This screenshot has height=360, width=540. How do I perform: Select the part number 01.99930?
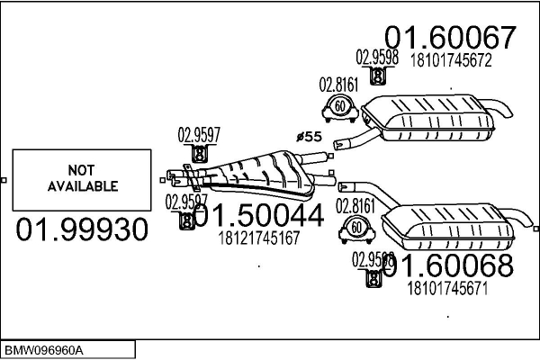point(81,230)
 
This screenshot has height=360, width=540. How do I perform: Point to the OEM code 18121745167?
point(259,240)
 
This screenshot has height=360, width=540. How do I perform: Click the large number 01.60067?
point(451,37)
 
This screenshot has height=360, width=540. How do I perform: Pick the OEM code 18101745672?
point(450,61)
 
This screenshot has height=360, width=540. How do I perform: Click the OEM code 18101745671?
point(448,289)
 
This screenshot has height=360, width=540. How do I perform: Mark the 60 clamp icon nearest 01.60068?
point(356,229)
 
